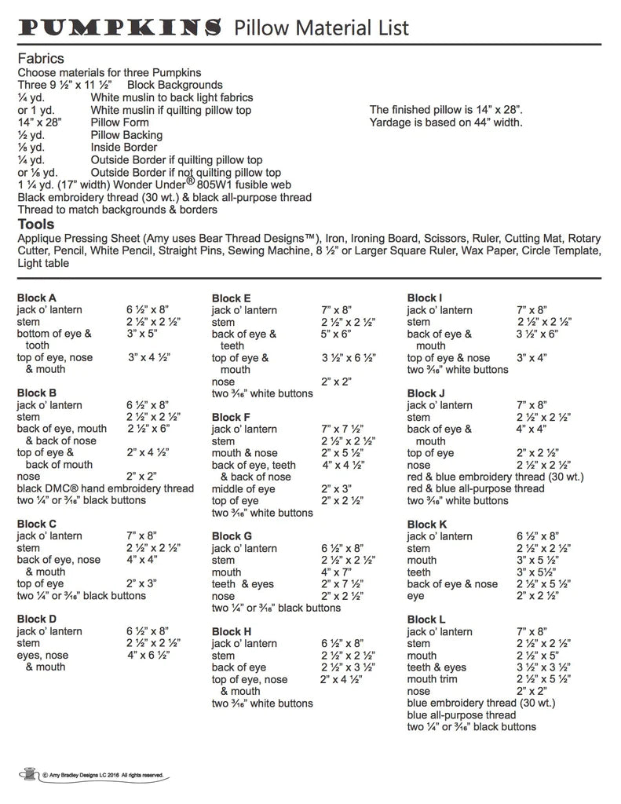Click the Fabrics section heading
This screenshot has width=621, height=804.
pos(41,59)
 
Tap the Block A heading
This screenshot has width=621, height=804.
pos(36,298)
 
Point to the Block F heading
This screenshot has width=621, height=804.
pos(232,418)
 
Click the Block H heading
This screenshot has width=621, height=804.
pos(232,631)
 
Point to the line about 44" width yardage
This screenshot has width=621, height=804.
pos(446,122)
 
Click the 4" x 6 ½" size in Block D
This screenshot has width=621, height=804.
pos(149,655)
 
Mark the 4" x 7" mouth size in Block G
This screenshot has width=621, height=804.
pos(336,572)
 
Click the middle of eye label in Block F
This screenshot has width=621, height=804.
pos(243,488)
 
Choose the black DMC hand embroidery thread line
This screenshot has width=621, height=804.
pos(105,488)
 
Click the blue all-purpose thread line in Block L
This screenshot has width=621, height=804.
pos(462,714)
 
